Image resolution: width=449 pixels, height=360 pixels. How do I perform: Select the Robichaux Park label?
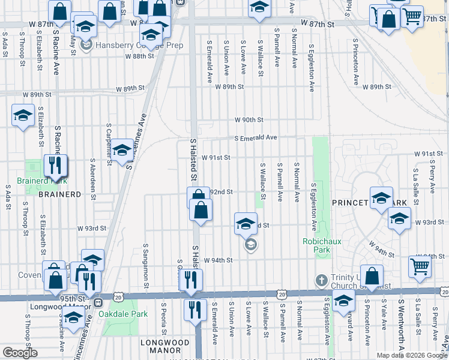(x=321, y=245)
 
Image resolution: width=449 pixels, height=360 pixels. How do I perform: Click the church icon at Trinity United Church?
(x=322, y=281)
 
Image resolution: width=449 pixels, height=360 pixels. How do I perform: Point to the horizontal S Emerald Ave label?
(x=255, y=137)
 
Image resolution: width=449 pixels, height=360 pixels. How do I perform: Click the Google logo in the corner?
(x=20, y=353)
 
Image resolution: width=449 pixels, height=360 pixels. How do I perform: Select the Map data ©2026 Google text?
(x=412, y=355)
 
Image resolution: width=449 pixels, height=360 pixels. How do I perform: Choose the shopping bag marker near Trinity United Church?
(x=372, y=276)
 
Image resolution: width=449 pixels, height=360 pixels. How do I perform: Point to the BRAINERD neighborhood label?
(x=59, y=194)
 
